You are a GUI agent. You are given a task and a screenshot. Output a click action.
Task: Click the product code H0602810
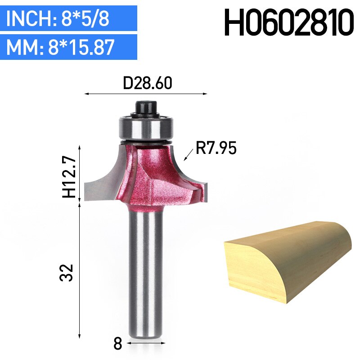pyautogui.click(x=288, y=23)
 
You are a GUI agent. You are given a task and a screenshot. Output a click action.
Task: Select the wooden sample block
pyautogui.click(x=288, y=263)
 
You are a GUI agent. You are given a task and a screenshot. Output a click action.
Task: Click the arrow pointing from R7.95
pyautogui.click(x=189, y=155)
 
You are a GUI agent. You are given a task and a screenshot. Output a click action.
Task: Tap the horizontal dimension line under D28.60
pyautogui.click(x=146, y=94)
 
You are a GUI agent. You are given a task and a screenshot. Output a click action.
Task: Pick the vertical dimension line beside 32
pyautogui.click(x=80, y=270)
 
